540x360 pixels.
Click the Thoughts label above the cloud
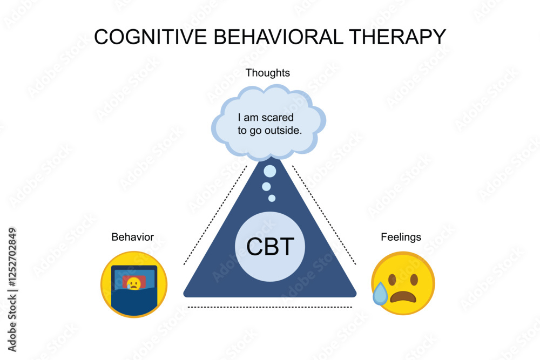pos(268,72)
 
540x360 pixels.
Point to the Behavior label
pos(132,237)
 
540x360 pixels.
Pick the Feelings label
pos(401,237)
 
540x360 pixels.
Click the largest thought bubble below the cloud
pos(269,172)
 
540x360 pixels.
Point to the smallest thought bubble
pos(272,198)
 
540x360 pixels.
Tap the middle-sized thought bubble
pos(266,186)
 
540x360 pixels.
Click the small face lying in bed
pos(133,283)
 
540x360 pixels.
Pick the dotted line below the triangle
pos(270,307)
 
